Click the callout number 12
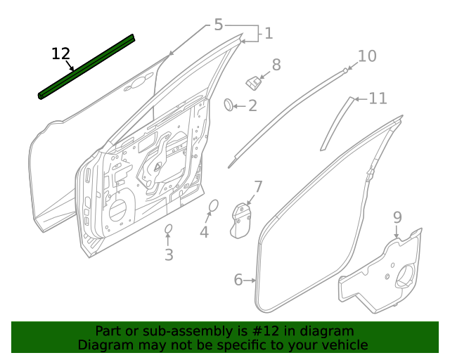tap(61, 53)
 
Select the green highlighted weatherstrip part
tap(86, 67)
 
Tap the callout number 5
tap(218, 25)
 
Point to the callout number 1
tap(268, 33)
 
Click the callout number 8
tap(276, 65)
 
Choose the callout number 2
tap(252, 106)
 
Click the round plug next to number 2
tap(229, 105)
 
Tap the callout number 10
tap(367, 56)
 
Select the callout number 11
tap(378, 98)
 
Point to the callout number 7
tap(258, 187)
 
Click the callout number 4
tap(204, 231)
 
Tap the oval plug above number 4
tap(214, 205)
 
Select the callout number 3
tap(169, 255)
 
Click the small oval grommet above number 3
tap(169, 229)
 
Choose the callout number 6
tap(238, 281)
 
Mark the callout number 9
tap(397, 217)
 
